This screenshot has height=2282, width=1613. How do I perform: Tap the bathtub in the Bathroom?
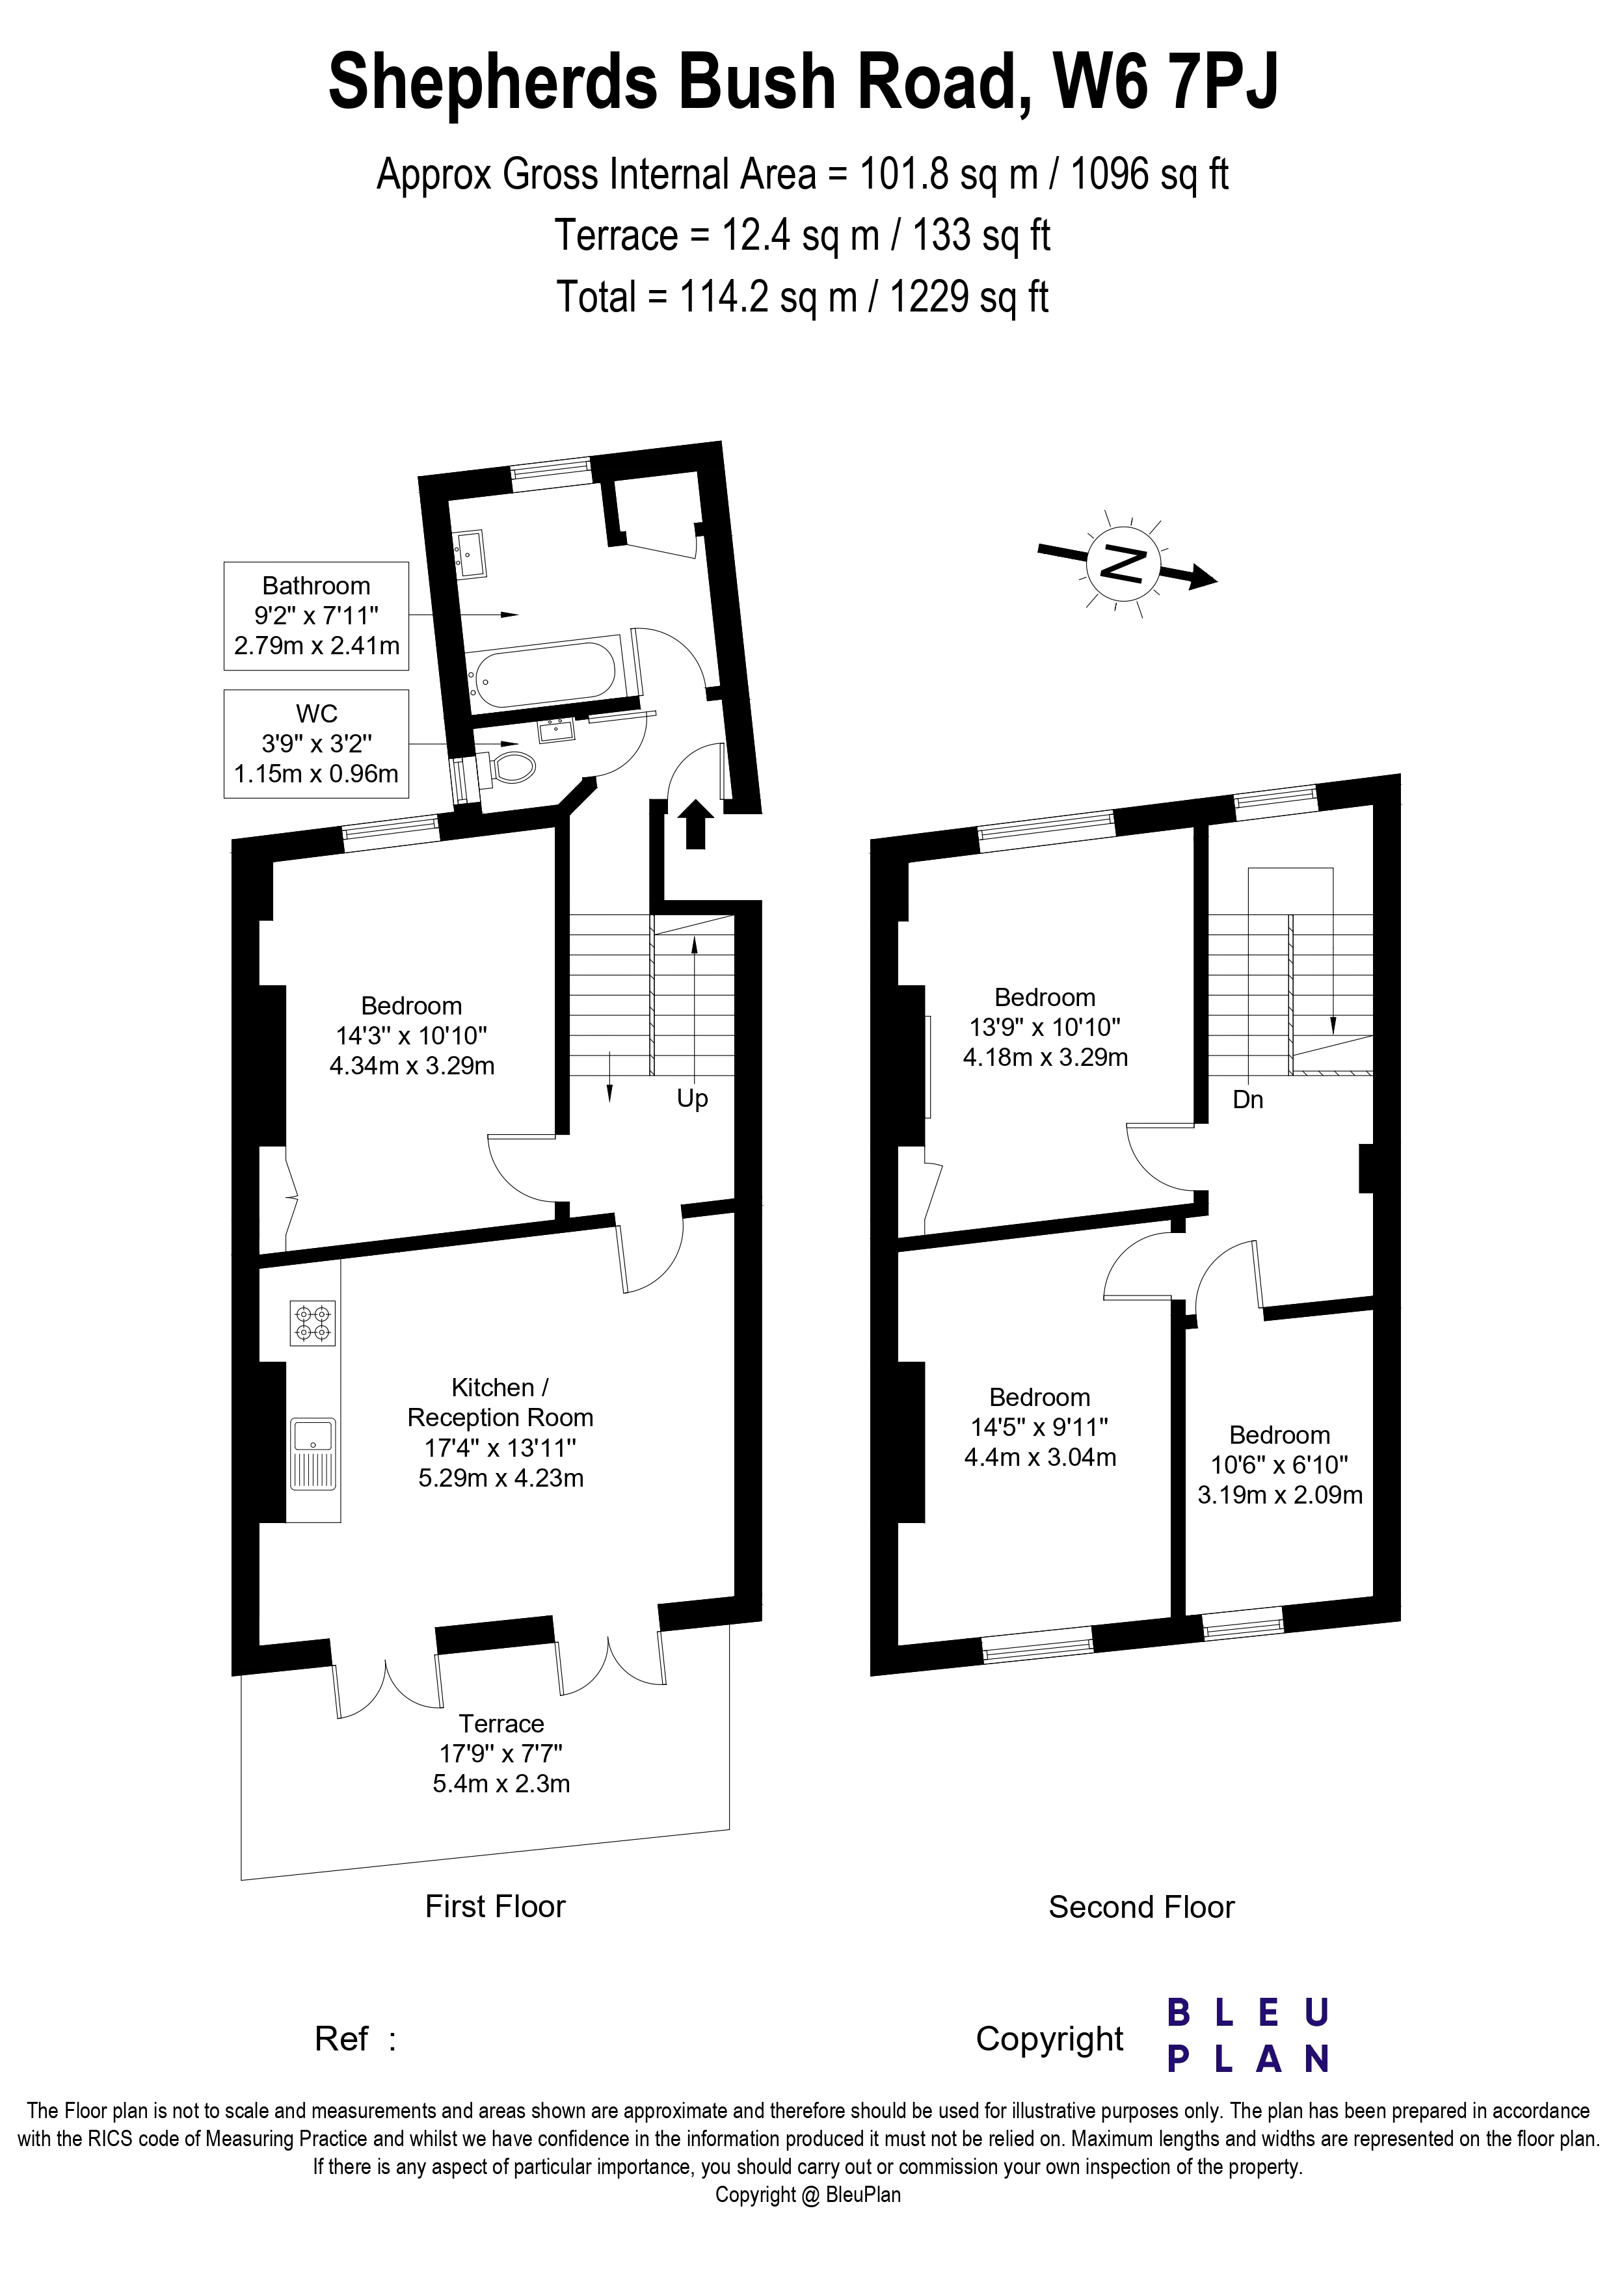coord(544,673)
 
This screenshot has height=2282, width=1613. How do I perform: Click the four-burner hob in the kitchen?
coord(312,1323)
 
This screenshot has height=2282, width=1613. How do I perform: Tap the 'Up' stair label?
coord(692,1098)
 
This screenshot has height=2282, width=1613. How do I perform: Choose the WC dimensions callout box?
coord(316,743)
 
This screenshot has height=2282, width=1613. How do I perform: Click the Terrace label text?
coord(501,1723)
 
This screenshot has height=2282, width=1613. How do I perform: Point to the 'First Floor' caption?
coord(495,1906)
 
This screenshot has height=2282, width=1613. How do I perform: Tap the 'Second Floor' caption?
coord(1141,1907)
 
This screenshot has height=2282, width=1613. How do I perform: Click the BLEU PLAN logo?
coord(1247,2037)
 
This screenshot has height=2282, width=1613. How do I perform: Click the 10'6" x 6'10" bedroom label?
coord(1279,1464)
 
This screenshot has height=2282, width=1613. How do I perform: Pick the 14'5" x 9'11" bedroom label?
coord(1039,1427)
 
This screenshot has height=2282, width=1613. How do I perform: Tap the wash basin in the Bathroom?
coord(470,553)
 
